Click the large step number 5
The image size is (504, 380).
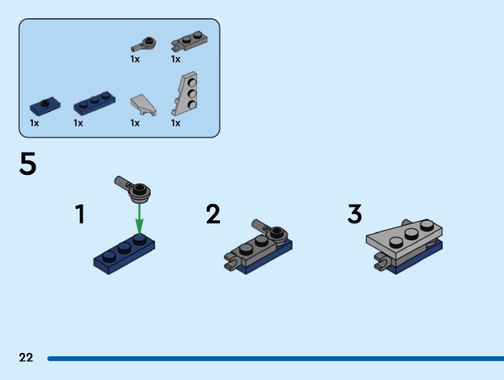28,164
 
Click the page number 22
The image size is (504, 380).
26,357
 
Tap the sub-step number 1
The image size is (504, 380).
80,214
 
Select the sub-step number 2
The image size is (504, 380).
213,214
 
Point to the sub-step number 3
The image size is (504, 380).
355,214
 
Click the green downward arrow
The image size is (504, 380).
139,220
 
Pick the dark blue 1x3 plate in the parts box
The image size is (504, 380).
94,103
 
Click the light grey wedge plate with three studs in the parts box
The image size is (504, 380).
185,93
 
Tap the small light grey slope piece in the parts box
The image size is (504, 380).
144,104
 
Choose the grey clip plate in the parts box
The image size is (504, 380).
190,42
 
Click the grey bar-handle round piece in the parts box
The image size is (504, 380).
144,44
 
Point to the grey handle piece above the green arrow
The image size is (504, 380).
133,189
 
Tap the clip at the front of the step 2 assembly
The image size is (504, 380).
231,261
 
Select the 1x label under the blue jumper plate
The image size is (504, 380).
35,123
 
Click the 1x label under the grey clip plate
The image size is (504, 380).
176,59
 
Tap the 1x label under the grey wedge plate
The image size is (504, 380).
176,123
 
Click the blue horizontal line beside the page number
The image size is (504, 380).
276,359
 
